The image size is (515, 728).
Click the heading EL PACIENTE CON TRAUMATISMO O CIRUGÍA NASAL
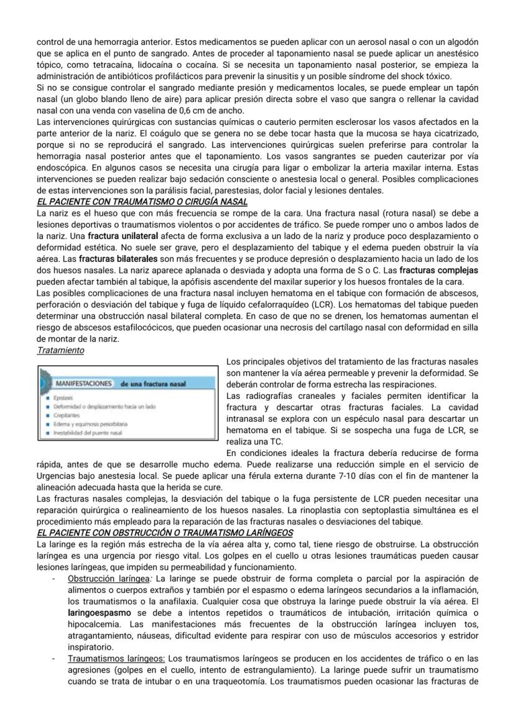[142, 202]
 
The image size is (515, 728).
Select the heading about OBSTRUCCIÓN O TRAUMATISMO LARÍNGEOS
[165, 533]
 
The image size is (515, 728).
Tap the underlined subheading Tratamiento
[60, 350]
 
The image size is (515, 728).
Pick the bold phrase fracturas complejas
[438, 270]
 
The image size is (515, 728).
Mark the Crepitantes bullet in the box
[67, 414]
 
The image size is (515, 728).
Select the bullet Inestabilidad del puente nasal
[91, 432]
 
